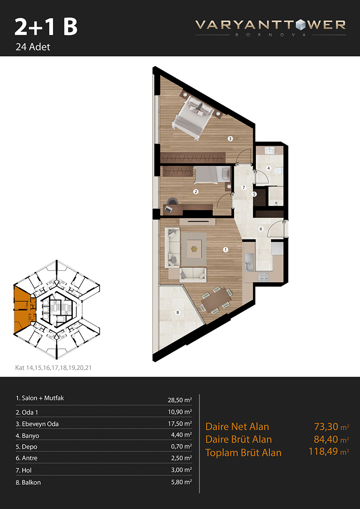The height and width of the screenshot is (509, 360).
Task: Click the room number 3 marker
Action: tap(230, 138)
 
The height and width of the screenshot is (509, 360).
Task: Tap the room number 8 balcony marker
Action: tap(178, 312)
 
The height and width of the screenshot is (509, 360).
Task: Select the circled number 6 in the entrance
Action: tap(261, 229)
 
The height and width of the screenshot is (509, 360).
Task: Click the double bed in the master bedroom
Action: tap(193, 117)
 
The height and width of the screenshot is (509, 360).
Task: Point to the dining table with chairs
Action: tap(216, 300)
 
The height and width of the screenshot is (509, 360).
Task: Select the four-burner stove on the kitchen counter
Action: tap(263, 277)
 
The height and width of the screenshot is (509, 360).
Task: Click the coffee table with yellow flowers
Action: tap(194, 249)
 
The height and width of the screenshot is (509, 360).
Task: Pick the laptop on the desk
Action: tap(168, 209)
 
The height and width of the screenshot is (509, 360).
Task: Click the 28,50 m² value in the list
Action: tap(180, 400)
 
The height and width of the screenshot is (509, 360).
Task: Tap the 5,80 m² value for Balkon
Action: tap(181, 482)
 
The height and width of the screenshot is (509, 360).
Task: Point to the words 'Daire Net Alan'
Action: tap(237, 427)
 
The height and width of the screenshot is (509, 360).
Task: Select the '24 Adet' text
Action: tap(33, 47)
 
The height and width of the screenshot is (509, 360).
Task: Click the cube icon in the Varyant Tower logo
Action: tap(300, 25)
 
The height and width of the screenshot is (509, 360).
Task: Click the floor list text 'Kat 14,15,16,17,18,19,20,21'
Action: tap(53, 367)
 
